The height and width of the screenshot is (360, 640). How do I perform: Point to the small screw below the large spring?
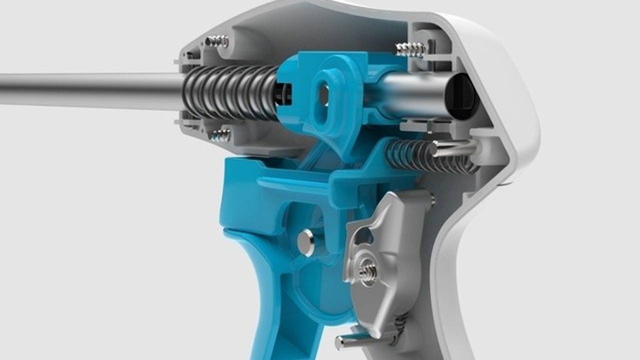pos(219,135)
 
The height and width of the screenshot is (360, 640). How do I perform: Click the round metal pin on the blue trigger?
pos(305,242)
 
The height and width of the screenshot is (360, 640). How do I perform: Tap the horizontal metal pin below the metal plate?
pos(355,341)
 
